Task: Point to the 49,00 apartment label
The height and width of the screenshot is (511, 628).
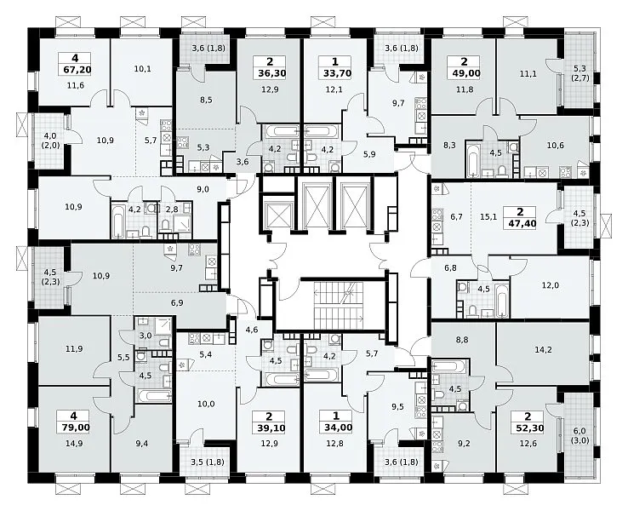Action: [x=465, y=73]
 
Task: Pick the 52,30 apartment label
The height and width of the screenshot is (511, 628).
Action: [x=528, y=428]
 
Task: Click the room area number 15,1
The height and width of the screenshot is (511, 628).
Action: [x=488, y=217]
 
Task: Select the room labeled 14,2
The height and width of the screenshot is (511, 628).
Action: [x=543, y=350]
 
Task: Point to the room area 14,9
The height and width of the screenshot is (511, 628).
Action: [x=75, y=443]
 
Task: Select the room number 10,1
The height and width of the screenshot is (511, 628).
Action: [x=143, y=68]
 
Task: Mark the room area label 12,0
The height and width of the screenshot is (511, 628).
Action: [x=551, y=285]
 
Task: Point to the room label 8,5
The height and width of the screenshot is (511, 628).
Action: [x=206, y=100]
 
